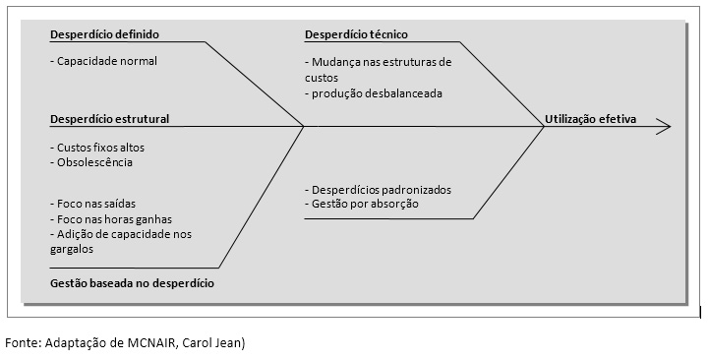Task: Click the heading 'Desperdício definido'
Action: pos(104,34)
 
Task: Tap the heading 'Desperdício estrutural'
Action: pos(109,119)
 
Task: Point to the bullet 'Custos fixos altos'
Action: pos(102,148)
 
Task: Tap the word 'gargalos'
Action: pos(71,250)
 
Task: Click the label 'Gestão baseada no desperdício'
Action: pos(132,283)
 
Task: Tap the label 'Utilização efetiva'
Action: pos(590,119)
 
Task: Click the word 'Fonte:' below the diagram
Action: pos(24,343)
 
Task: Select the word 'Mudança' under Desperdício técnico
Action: pos(334,61)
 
